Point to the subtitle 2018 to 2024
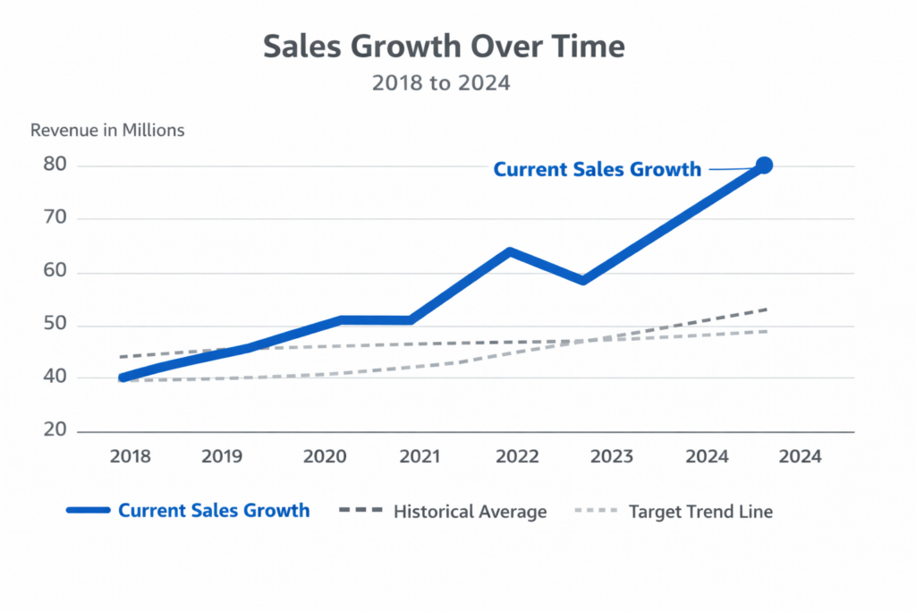pos(441,83)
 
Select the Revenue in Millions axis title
pos(107,130)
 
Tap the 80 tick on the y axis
pos(55,165)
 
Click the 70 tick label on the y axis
pos(55,218)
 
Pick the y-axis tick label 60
pos(55,272)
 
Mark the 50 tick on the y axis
pos(55,325)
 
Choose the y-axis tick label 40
pos(55,378)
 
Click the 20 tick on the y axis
pos(55,430)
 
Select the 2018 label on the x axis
pos(131,456)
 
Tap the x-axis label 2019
pos(223,456)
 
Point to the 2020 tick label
pos(325,456)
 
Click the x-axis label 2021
pos(420,456)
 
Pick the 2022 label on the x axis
pos(518,456)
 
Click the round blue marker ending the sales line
pos(764,165)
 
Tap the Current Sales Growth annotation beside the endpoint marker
pos(598,169)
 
